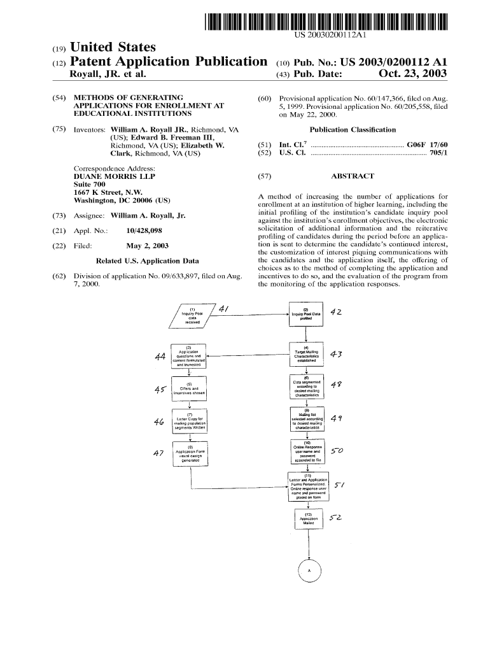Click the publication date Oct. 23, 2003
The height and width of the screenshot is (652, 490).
(412, 74)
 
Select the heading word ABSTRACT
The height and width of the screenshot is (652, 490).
(353, 176)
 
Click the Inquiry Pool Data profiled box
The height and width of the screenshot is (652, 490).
(307, 315)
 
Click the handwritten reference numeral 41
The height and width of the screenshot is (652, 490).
(224, 309)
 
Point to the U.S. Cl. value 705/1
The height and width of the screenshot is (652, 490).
(437, 153)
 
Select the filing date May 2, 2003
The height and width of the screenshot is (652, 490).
(148, 246)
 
